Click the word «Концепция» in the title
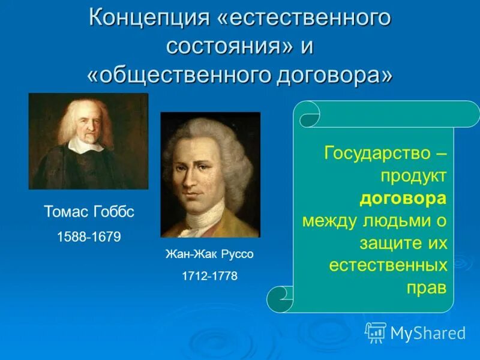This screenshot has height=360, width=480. [x=148, y=17]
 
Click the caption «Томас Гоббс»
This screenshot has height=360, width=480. [x=88, y=212]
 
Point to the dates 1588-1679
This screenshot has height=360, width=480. [x=88, y=237]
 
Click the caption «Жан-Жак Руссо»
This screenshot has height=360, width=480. [x=209, y=254]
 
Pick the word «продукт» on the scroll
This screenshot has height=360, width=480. [x=413, y=176]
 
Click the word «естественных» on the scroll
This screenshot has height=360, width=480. [x=388, y=265]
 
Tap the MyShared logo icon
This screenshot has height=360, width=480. [x=376, y=332]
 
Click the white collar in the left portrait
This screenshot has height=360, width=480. [x=85, y=145]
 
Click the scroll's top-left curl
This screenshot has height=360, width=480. [x=309, y=115]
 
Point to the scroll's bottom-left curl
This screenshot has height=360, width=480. [x=279, y=298]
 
